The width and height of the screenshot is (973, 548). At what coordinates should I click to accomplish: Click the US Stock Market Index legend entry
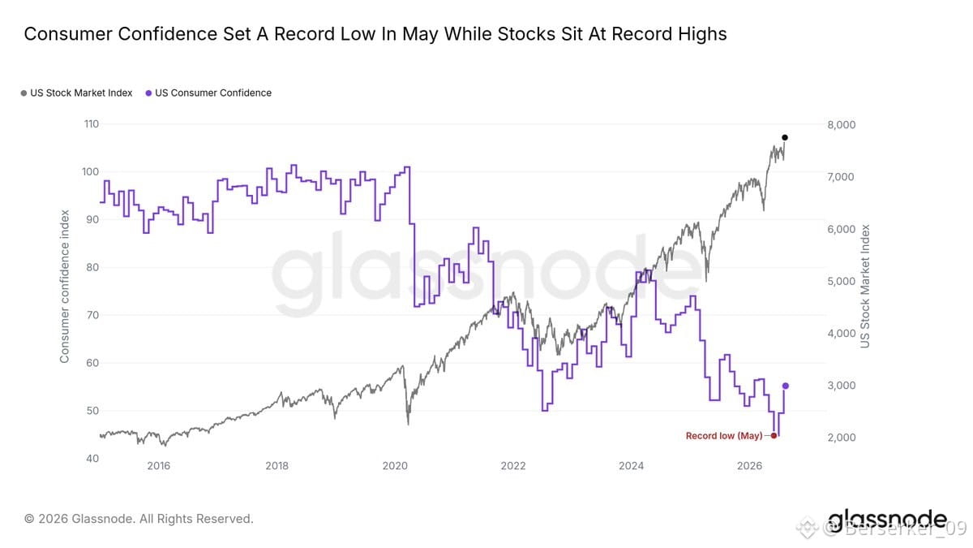(x=76, y=93)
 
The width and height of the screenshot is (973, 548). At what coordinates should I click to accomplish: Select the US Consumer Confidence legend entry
(x=208, y=93)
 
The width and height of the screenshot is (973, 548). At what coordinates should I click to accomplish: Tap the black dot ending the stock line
(x=785, y=137)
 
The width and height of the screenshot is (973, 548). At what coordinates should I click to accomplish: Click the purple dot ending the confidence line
(x=786, y=386)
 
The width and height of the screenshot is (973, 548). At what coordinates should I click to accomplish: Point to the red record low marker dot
(x=774, y=435)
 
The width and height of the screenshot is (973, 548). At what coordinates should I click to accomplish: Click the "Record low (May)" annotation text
(x=724, y=436)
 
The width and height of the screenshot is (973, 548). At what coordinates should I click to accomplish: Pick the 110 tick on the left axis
(x=91, y=124)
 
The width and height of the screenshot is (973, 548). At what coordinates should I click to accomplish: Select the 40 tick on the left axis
(x=92, y=458)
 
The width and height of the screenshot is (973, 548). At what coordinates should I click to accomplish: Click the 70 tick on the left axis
(x=92, y=315)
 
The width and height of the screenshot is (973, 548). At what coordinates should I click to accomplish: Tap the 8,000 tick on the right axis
(x=842, y=125)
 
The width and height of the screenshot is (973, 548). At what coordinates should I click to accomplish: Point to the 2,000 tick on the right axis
(x=842, y=438)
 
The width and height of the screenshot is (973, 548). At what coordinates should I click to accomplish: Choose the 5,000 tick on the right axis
(x=842, y=282)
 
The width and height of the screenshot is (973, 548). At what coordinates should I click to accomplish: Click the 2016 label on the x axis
(x=159, y=466)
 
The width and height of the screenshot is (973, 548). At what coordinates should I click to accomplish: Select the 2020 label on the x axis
(x=395, y=466)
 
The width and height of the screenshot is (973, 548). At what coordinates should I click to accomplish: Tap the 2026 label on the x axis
(x=749, y=466)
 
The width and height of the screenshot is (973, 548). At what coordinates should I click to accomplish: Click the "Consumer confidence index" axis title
(x=64, y=286)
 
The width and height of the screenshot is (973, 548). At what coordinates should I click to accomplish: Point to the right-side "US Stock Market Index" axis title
(x=865, y=286)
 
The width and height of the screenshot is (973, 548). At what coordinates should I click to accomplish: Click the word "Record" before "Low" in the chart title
(x=304, y=34)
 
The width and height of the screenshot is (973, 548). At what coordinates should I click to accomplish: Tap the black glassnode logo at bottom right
(x=887, y=520)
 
